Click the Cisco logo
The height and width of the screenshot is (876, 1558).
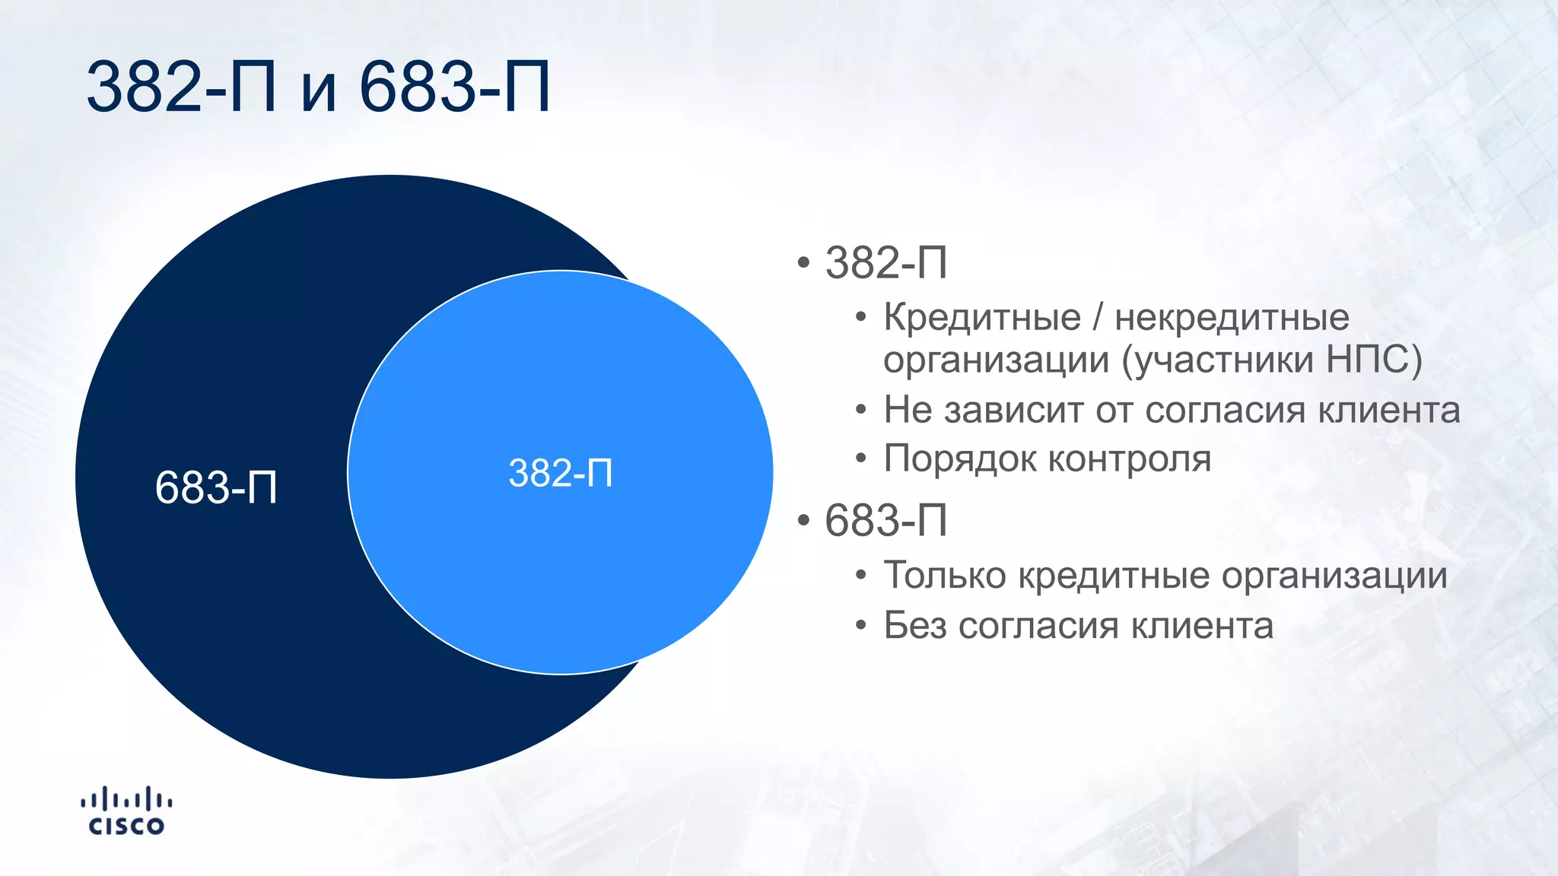tap(126, 811)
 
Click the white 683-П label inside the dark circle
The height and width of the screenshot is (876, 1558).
tap(216, 487)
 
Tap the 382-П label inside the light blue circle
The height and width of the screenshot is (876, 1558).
tap(561, 473)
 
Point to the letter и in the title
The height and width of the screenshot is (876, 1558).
tap(319, 91)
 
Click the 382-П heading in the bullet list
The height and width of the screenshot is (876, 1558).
tap(886, 263)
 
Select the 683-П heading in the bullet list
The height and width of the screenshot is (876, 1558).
tap(886, 521)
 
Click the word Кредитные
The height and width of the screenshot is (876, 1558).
tap(981, 317)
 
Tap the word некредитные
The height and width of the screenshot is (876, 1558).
tap(1232, 317)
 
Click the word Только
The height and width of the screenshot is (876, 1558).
tap(945, 575)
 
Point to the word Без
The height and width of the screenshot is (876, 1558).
tap(914, 626)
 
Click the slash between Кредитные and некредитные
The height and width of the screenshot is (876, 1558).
tap(1097, 317)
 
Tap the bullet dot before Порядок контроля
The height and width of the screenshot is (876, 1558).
tap(860, 459)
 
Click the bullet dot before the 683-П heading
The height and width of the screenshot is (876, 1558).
tap(803, 522)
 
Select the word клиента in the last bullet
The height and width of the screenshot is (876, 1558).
tap(1202, 626)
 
